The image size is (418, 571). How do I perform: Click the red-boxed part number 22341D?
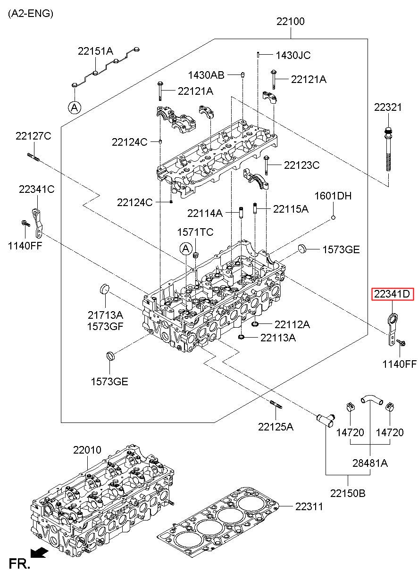coord(392,295)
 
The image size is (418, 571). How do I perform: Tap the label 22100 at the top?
coord(290,21)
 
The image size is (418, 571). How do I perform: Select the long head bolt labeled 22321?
coord(388,151)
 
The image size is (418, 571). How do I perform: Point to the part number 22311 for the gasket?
coord(309,506)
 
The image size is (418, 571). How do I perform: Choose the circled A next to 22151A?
coord(74,108)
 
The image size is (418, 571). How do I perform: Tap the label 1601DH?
coord(333,196)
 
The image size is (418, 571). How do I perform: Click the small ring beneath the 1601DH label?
coord(333,217)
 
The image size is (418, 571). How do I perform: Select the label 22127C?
coord(33,136)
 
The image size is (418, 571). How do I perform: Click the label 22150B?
coord(348,493)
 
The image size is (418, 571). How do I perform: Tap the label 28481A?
coord(370,463)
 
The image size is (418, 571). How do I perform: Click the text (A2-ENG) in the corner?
coord(31,13)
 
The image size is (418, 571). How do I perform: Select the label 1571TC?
coord(195,232)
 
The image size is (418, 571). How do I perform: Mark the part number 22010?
coord(87,450)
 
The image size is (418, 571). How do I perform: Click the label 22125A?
coord(276,427)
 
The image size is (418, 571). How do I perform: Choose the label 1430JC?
coord(293,55)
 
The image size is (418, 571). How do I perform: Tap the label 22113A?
coord(278,337)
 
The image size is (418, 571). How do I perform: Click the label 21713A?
coord(105,314)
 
